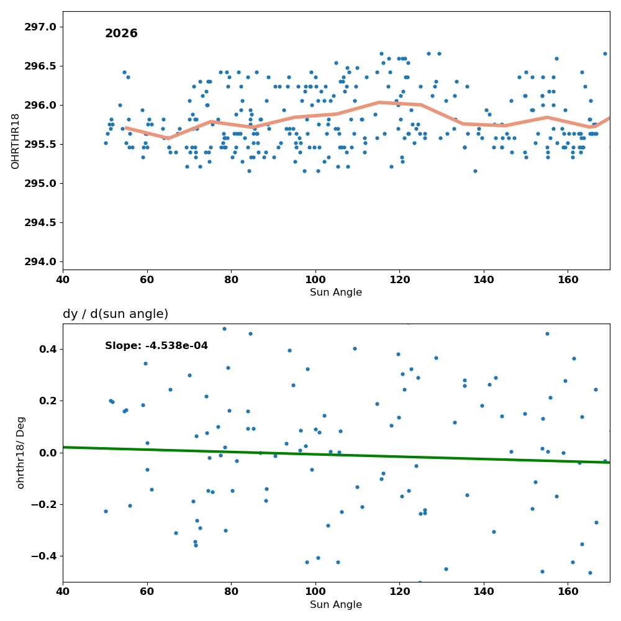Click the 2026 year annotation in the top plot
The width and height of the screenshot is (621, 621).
tap(121, 34)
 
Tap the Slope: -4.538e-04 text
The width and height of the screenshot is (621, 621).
tap(156, 346)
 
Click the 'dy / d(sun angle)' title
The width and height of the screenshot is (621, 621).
tap(116, 314)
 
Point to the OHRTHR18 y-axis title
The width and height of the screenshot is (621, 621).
tap(15, 142)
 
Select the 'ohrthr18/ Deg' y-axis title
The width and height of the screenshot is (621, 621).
tap(20, 453)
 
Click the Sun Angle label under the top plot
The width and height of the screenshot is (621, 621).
tap(336, 292)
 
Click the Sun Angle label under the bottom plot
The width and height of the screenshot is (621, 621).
tap(336, 605)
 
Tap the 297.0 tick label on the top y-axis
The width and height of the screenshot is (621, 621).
tap(40, 27)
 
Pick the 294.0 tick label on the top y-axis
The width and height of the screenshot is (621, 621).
tap(40, 262)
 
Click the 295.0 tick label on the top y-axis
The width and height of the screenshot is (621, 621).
tap(40, 183)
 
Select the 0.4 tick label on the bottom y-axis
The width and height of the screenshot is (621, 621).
tap(48, 349)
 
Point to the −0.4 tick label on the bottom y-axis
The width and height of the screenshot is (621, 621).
tap(43, 556)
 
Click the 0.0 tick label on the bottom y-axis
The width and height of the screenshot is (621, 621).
tap(48, 453)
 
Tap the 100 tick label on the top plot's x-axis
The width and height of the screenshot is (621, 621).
tap(315, 279)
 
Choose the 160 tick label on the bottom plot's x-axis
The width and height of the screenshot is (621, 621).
tap(568, 592)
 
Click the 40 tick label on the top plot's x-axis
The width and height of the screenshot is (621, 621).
tap(63, 279)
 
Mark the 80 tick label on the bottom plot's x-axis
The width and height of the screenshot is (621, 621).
tap(231, 592)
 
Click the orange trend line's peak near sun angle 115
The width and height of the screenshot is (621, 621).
tap(379, 102)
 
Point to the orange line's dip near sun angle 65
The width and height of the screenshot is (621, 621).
tap(168, 138)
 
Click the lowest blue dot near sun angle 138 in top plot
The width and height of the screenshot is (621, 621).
tap(475, 171)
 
